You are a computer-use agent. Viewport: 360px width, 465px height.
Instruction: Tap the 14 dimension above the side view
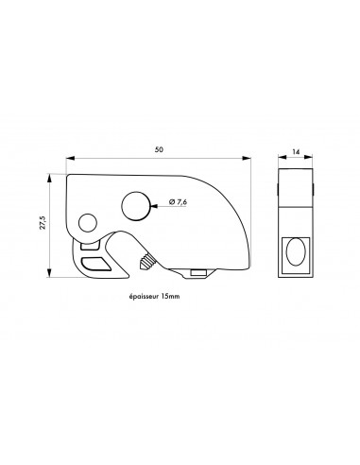click(x=295, y=151)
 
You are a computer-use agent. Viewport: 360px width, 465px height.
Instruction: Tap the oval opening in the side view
click(x=295, y=252)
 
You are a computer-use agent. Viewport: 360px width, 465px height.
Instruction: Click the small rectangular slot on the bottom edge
click(x=198, y=273)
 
